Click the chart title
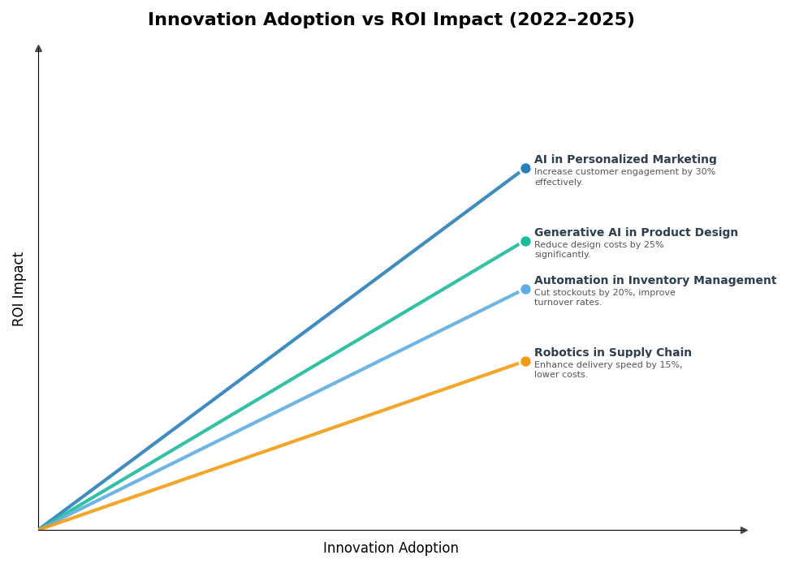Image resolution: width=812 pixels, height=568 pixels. (x=391, y=20)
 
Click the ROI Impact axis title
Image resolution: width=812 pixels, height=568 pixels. (x=19, y=289)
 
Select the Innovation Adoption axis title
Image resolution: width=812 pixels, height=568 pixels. (x=391, y=549)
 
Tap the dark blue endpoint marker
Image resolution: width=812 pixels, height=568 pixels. (x=525, y=169)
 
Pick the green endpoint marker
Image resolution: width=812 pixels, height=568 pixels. (x=525, y=241)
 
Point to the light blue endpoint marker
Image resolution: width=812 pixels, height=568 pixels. (x=525, y=289)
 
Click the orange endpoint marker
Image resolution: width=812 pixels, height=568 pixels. (x=525, y=361)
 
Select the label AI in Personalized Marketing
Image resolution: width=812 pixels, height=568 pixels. (x=625, y=160)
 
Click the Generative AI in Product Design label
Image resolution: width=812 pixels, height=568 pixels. (x=636, y=233)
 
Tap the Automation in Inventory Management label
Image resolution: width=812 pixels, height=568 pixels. (x=654, y=281)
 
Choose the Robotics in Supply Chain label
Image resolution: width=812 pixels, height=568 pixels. (x=612, y=353)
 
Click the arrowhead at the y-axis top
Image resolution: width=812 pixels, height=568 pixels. (x=38, y=49)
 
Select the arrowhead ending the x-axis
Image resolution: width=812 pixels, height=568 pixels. (x=744, y=530)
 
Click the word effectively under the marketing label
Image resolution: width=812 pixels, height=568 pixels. (x=558, y=183)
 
